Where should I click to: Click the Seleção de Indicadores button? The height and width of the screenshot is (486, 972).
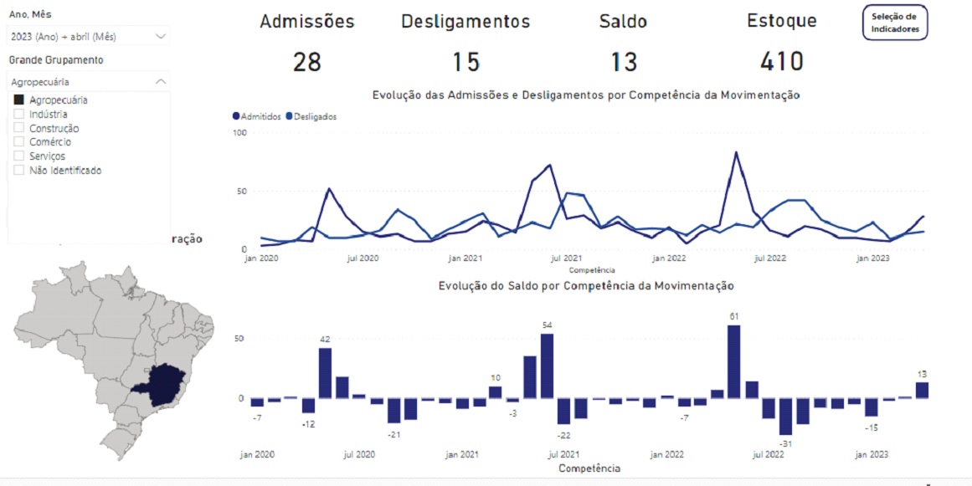(894, 23)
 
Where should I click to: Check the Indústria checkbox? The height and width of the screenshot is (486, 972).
(19, 115)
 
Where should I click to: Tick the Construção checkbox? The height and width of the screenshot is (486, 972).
(19, 129)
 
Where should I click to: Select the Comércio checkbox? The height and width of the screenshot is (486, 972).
(19, 142)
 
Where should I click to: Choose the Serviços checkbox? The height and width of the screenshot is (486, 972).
(19, 156)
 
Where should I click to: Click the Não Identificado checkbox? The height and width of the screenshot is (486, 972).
(19, 171)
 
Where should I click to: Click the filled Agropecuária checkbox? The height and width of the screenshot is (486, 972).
(19, 100)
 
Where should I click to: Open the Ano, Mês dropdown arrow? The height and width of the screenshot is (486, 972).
(161, 37)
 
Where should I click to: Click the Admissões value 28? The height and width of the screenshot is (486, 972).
(307, 62)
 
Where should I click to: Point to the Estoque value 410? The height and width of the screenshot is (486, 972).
(781, 62)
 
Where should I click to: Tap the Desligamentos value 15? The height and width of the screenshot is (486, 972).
(465, 62)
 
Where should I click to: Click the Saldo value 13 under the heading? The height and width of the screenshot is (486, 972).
(624, 62)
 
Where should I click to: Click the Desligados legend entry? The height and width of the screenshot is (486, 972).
(311, 117)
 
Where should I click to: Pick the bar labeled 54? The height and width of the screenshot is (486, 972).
(548, 366)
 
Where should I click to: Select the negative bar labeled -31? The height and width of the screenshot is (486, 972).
(785, 417)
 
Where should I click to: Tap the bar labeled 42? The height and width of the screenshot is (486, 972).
(326, 372)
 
